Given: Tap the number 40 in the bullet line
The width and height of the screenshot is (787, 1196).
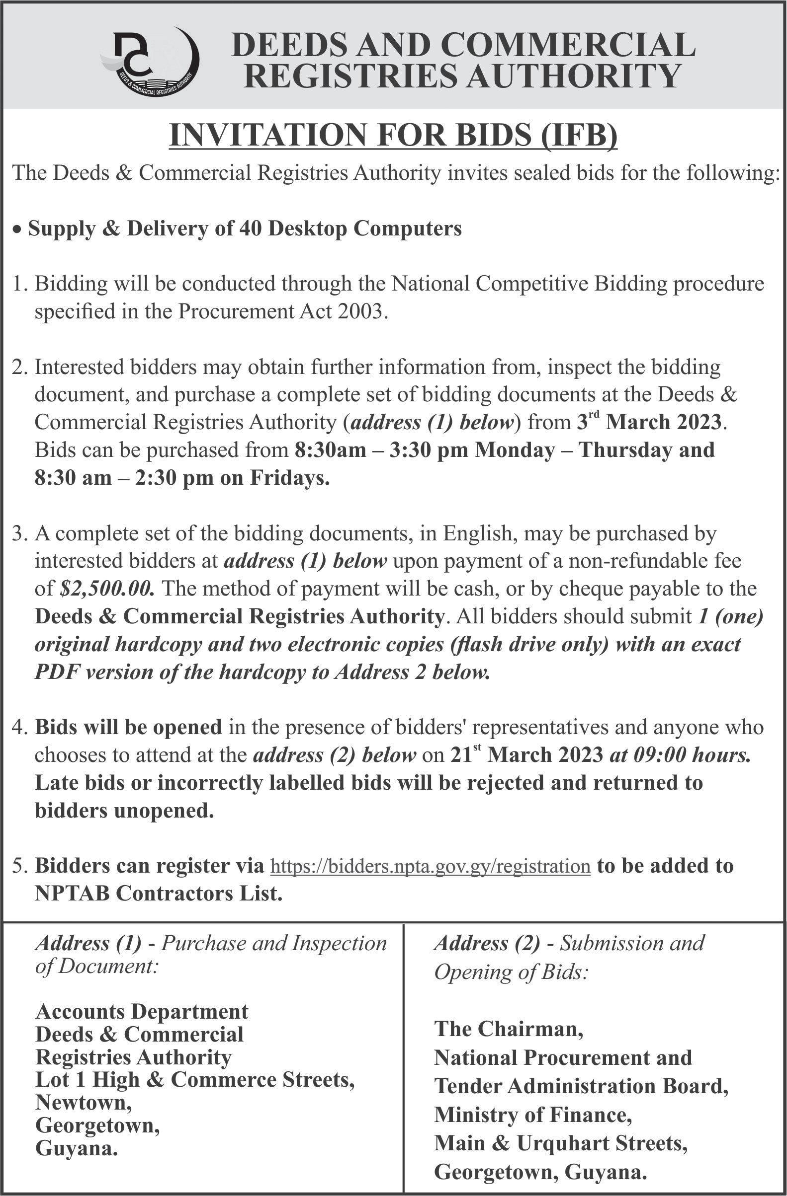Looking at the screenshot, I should coord(250,229).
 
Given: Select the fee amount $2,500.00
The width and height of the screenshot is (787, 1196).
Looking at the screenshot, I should coord(106,589).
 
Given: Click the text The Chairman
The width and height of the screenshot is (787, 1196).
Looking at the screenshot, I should coord(509,1028).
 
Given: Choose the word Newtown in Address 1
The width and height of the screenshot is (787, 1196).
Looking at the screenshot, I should coord(83,1102).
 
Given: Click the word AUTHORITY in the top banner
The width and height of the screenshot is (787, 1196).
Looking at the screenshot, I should coord(568,76).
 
